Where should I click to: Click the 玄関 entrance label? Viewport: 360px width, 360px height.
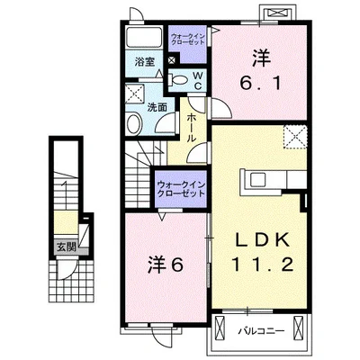[67, 247]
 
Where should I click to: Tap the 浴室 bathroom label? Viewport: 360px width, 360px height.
[144, 62]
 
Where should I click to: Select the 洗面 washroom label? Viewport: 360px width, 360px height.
[157, 108]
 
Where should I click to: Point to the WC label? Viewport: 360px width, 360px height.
[198, 80]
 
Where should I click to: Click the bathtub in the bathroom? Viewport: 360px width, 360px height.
[144, 37]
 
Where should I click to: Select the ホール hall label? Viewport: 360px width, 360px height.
[192, 128]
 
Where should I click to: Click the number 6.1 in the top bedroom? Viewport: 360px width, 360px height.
[260, 83]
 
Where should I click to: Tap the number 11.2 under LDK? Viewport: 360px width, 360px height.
[262, 265]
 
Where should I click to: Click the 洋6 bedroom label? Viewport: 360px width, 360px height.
[166, 265]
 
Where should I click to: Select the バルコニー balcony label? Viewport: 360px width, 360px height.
[261, 331]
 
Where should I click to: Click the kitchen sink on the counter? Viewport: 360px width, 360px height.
[258, 179]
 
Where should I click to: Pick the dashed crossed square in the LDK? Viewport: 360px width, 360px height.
[295, 137]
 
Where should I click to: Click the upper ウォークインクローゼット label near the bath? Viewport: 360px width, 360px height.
[188, 40]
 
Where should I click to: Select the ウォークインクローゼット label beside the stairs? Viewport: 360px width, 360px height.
[181, 188]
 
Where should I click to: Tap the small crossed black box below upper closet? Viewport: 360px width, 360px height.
[172, 59]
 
